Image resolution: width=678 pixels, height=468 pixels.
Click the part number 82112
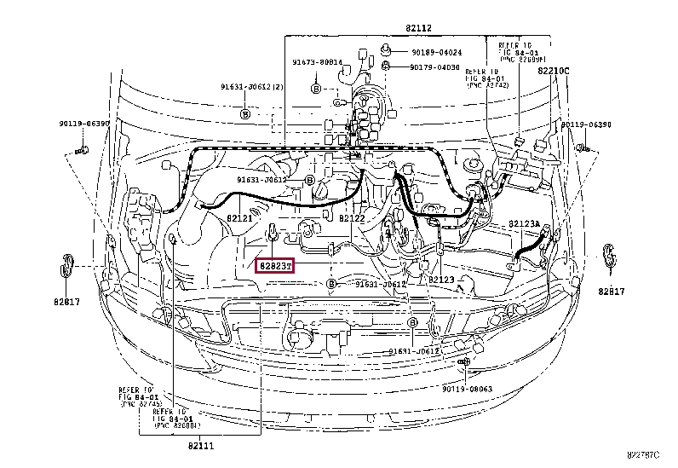tap(418, 28)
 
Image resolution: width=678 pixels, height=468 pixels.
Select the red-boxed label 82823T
tap(276, 265)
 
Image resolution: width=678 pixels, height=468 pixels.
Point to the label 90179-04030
tap(434, 66)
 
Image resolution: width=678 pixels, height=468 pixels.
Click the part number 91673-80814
tap(318, 61)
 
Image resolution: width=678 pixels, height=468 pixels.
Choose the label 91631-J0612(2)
tap(252, 87)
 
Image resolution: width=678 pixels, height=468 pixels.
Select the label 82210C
tap(554, 71)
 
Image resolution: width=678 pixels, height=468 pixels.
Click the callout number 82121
tap(239, 219)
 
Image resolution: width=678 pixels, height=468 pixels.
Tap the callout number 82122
tap(352, 219)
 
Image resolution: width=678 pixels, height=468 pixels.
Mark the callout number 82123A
tap(525, 224)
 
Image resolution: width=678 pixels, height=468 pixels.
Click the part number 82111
tap(202, 445)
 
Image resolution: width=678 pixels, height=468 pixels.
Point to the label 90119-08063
tap(467, 388)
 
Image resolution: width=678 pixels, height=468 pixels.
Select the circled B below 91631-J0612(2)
tap(244, 113)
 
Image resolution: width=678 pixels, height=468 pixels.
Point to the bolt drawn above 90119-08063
tap(463, 364)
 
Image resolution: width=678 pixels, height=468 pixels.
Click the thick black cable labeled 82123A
tap(527, 246)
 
